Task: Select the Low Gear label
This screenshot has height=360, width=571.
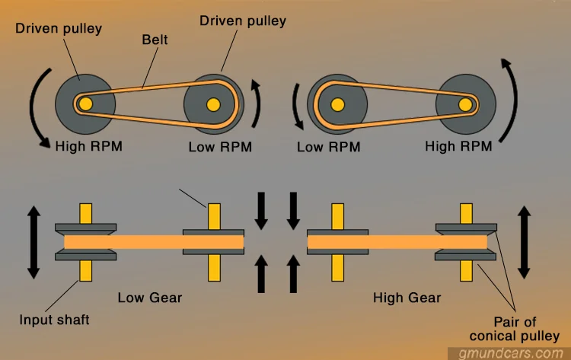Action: coord(149,297)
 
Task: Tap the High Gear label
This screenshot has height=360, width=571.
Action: coord(407,297)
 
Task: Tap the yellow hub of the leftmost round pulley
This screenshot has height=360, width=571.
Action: coord(85,104)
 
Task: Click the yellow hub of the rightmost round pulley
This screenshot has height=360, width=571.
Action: coord(464,104)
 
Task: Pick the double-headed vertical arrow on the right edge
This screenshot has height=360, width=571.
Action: coord(524,242)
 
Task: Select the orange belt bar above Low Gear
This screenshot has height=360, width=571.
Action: coord(153,243)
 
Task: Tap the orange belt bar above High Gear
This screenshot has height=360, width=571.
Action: coord(397,243)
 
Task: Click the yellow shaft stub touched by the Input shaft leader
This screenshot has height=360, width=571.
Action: coord(85,270)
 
